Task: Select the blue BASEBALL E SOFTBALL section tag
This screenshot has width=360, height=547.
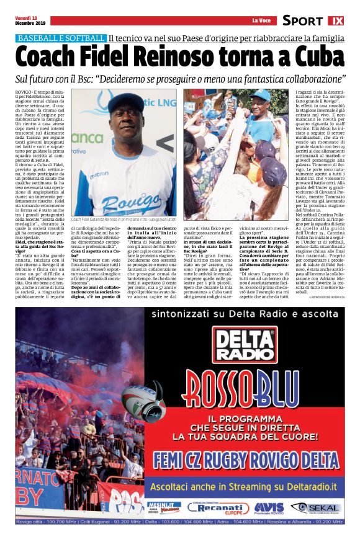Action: tap(61, 38)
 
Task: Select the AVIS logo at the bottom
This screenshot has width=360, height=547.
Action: tap(269, 508)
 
